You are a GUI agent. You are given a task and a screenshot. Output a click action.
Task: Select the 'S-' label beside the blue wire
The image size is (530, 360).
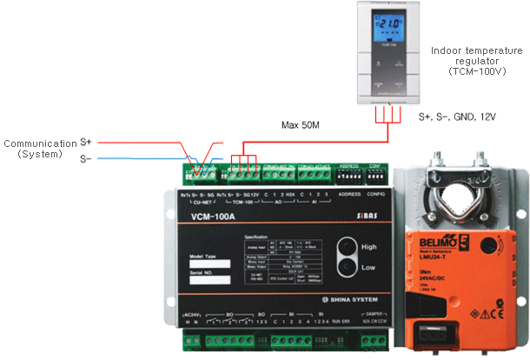coord(86,158)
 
